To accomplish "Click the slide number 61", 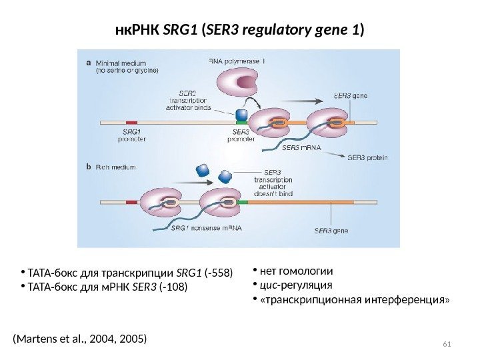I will coord(447,343).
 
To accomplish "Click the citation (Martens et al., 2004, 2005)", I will coord(79,339).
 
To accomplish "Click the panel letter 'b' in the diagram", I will coord(90,168).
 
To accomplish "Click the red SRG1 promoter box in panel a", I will coord(131,123).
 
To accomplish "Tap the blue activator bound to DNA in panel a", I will coord(241,115).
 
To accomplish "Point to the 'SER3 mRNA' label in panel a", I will coord(303,147).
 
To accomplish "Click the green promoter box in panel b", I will coord(242,201).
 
